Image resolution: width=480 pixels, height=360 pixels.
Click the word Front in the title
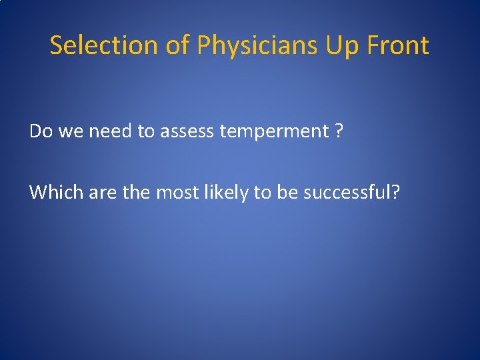pos(399,45)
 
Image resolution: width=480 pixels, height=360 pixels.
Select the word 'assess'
pos(187,131)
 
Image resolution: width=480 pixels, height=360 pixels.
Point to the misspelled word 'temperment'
pos(274,131)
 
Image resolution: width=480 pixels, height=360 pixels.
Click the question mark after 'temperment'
pos(339,131)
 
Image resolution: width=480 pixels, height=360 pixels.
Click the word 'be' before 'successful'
pos(289,192)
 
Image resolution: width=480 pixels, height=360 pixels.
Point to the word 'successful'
pos(351,192)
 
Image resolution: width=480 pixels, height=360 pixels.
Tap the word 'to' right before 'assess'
pos(146,131)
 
